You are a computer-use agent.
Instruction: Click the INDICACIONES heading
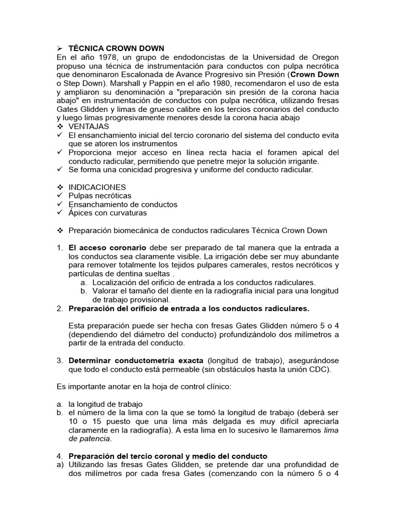point(97,187)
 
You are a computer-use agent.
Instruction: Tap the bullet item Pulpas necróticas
point(100,196)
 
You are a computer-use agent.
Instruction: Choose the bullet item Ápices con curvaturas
point(108,213)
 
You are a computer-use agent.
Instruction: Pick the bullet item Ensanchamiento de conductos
point(123,205)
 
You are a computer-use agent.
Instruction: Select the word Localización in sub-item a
point(116,283)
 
